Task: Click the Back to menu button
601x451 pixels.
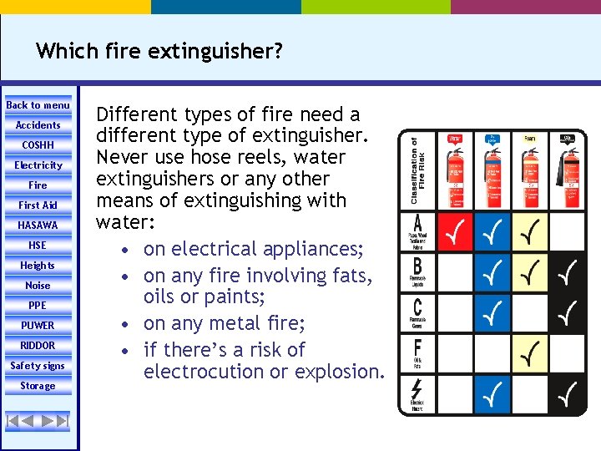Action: click(38, 105)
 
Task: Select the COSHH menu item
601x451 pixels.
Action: click(38, 145)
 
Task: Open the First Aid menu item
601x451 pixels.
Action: click(38, 205)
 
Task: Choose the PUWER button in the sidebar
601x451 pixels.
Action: click(38, 326)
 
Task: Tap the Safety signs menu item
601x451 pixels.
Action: click(38, 366)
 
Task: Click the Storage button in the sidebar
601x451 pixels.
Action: click(38, 386)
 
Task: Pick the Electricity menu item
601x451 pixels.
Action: click(38, 165)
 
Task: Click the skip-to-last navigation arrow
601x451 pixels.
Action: click(62, 421)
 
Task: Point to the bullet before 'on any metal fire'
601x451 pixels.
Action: click(124, 323)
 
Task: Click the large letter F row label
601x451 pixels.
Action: click(417, 344)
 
